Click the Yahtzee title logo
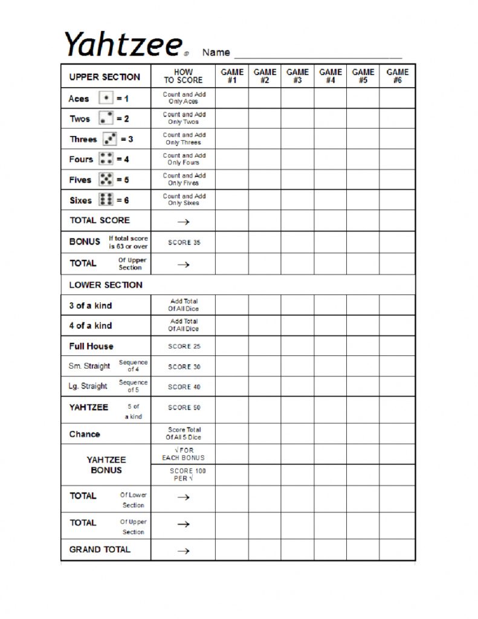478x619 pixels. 123,44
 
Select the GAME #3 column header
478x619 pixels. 297,76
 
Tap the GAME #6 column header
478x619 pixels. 397,76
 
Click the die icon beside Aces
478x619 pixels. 106,98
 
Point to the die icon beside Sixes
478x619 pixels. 106,199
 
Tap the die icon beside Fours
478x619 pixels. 106,159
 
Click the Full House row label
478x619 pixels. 91,346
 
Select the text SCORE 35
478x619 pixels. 184,242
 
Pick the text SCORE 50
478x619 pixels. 184,407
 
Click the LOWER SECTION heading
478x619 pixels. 106,285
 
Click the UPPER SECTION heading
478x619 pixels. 105,77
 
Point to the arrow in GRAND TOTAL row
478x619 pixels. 184,551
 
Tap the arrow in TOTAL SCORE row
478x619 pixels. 184,222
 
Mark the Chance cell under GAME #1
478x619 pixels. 231,434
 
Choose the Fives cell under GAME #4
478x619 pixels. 330,180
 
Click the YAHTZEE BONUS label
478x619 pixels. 106,465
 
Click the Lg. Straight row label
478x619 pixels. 88,386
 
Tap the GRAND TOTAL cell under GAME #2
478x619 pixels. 264,550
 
